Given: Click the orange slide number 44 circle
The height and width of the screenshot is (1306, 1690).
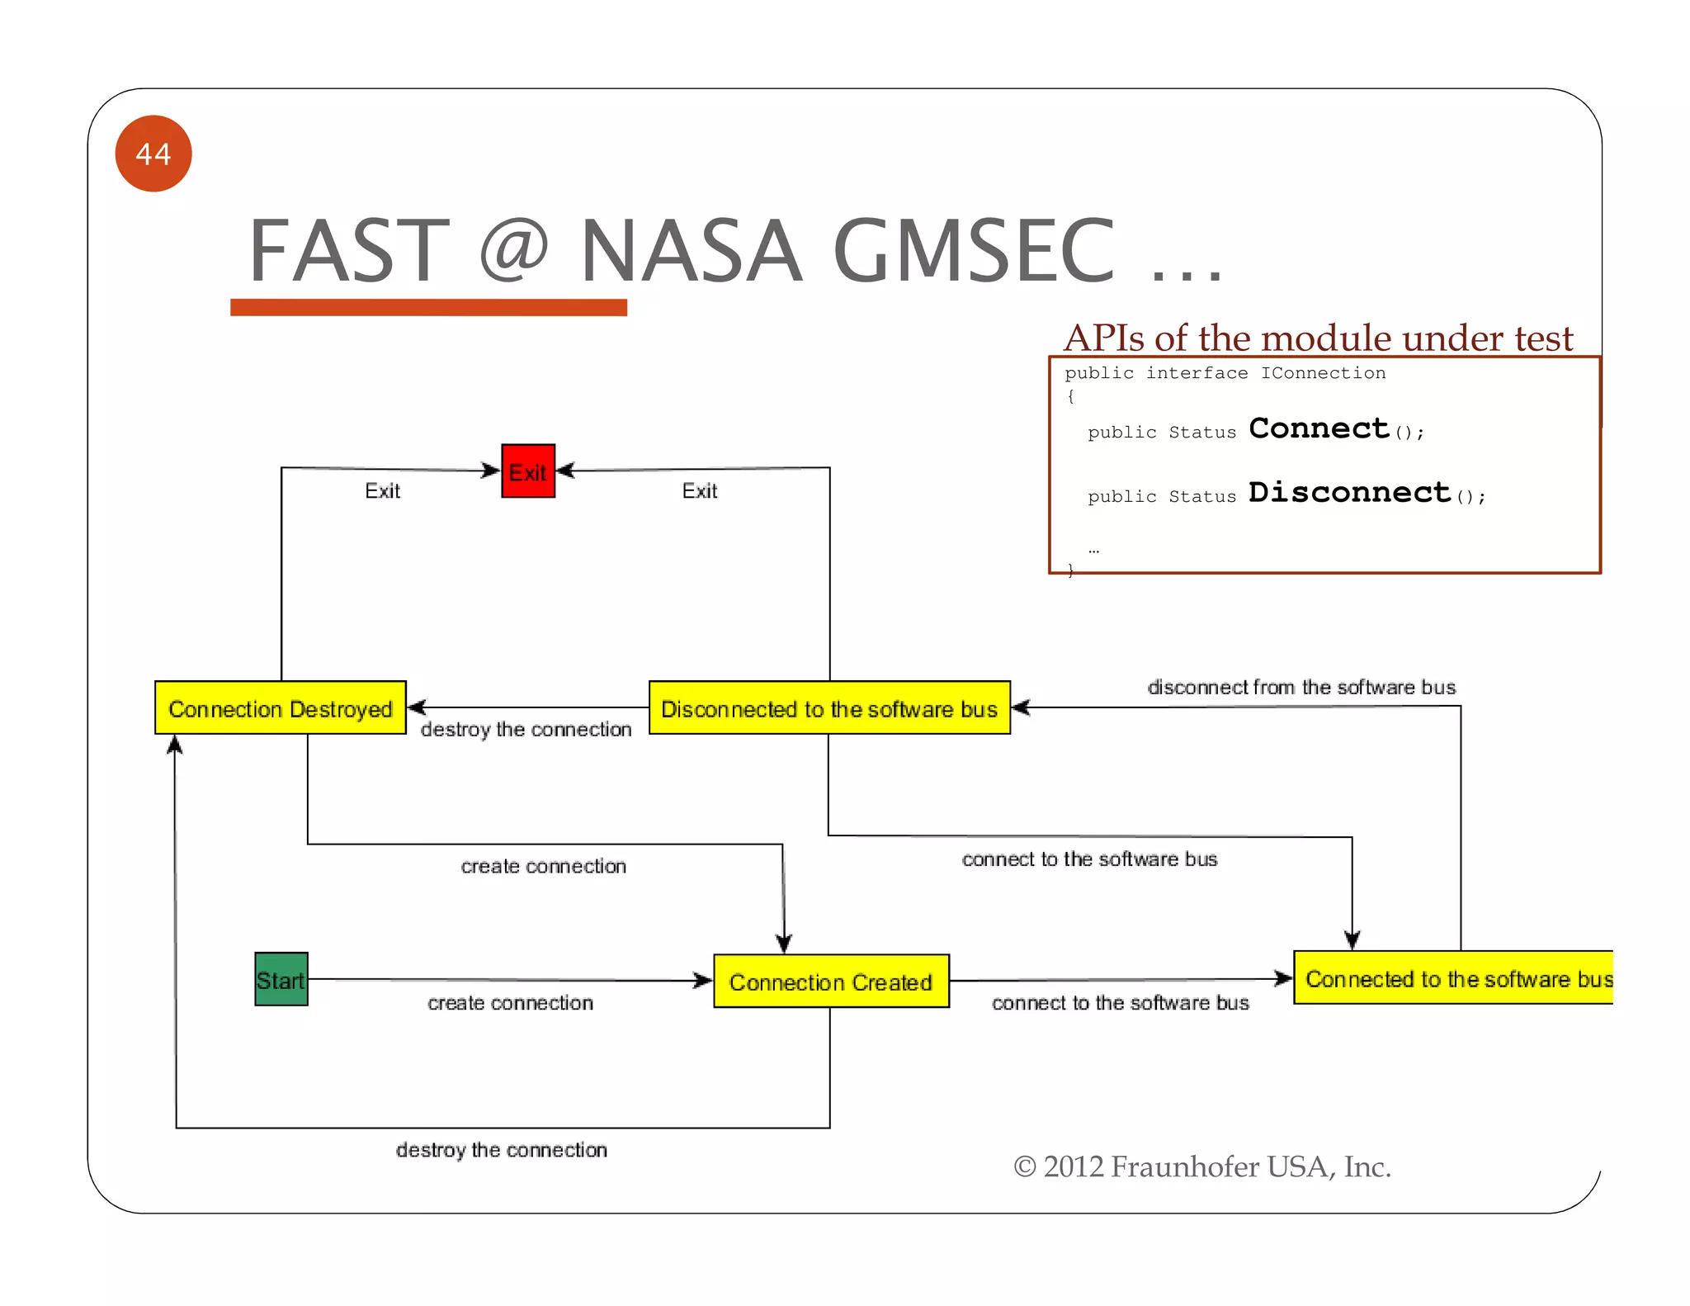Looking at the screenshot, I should (153, 154).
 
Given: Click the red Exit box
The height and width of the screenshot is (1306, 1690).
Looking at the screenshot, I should (528, 471).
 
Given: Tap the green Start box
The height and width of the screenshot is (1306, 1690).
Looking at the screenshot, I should (281, 979).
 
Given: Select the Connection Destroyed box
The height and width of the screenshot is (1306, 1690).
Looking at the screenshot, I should (281, 708).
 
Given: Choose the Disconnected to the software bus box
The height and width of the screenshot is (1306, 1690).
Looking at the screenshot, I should (829, 708).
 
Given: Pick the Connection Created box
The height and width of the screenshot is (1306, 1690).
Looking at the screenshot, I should (831, 982).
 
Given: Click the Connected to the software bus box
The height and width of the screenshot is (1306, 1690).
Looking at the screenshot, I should (1454, 978).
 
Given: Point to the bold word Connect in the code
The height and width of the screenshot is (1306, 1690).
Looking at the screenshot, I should (1319, 428).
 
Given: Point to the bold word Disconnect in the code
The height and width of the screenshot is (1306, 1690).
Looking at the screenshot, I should (1349, 493).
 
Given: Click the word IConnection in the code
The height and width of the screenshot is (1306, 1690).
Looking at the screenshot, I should (1323, 373).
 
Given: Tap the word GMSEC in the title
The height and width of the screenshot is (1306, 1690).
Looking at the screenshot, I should (974, 251).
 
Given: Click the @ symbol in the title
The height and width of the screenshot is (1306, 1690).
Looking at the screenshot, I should (513, 251).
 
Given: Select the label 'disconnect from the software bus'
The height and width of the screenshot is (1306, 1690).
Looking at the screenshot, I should (1301, 687).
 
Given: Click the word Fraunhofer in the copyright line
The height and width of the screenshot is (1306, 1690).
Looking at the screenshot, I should (1184, 1166).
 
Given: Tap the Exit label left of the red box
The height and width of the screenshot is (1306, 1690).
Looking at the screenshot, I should (382, 491).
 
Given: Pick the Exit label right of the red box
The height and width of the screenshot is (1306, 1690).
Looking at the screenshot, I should (700, 491).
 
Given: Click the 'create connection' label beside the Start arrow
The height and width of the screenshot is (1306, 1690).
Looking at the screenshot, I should (510, 1003).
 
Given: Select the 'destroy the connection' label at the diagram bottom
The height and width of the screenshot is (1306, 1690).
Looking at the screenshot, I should (502, 1150).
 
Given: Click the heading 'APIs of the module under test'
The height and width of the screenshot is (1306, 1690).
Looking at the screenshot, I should (1319, 338).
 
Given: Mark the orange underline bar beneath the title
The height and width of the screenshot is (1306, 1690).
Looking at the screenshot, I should (428, 307).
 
